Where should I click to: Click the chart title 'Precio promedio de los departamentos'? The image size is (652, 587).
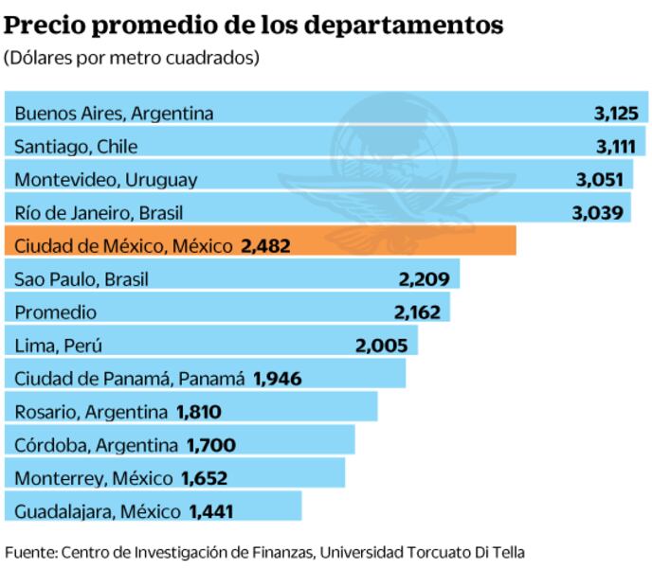coord(253,26)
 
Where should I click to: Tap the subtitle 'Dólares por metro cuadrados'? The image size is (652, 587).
coord(132,58)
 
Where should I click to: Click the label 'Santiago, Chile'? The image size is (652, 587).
coord(76,146)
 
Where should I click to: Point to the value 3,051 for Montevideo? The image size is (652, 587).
coord(599,179)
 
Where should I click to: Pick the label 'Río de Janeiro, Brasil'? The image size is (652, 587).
coord(99,212)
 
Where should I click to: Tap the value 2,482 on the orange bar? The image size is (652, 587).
coord(265,245)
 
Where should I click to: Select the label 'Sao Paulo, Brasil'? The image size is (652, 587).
coord(81,278)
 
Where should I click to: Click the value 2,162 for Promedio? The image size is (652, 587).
coord(418,311)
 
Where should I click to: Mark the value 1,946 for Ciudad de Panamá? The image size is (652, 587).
coord(277,378)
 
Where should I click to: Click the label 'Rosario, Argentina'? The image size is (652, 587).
coord(91,411)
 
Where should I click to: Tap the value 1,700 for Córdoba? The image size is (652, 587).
coord(211,444)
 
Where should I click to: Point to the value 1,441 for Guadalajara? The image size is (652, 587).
coord(211,510)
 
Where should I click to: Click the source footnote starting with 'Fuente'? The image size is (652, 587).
coord(264,551)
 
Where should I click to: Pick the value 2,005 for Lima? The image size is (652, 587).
coord(381,345)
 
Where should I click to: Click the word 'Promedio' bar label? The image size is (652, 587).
coord(55,311)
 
